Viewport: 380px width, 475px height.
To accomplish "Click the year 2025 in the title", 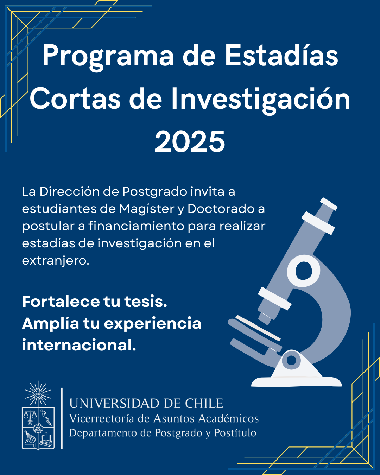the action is point(190,141).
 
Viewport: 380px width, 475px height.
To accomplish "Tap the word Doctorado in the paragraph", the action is point(221,209).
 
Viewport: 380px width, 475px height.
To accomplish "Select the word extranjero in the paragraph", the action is point(56,261).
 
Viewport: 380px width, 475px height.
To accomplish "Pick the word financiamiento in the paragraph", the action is point(137,226).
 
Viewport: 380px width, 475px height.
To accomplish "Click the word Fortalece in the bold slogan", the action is point(61,302).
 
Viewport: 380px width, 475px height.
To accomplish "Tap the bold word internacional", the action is point(79,345).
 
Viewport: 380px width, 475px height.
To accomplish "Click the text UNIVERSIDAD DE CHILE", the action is point(146,403).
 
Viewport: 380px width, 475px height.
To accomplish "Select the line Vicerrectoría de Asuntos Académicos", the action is point(164,418).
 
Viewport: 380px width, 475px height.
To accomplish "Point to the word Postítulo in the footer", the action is point(235,433).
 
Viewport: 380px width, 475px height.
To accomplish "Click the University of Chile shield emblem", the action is point(38,429).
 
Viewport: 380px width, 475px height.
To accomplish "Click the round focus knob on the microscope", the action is point(304,271).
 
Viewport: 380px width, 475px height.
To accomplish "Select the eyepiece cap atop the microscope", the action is point(329,204).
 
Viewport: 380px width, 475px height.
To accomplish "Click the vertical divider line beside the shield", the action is point(62,418).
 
